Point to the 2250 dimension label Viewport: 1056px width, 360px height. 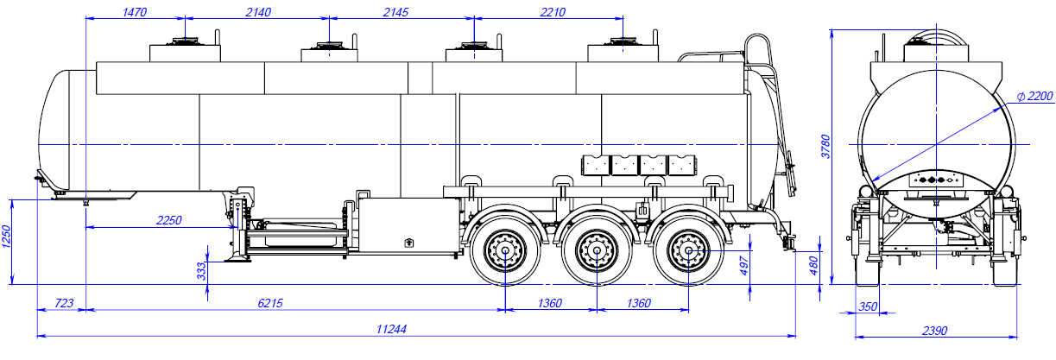tap(168, 220)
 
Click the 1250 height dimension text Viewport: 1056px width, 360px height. tap(7, 237)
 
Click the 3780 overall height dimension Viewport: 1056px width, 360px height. tap(824, 147)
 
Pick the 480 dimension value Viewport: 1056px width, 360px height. tap(812, 263)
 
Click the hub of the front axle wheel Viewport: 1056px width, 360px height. tap(503, 252)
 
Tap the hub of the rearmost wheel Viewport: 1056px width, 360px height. tap(689, 252)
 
